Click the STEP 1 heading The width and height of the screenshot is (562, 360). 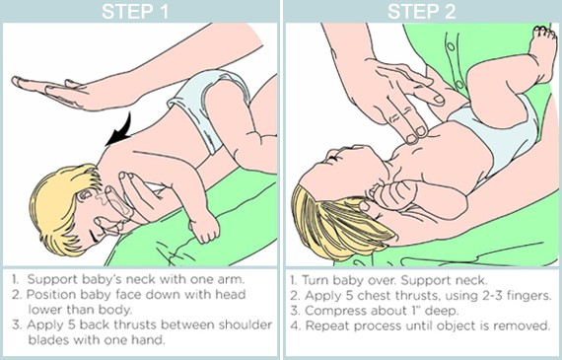(135, 11)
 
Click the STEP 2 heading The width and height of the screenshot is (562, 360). (422, 11)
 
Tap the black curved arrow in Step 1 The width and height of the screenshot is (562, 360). (120, 131)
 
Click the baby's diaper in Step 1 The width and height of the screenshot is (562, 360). (206, 104)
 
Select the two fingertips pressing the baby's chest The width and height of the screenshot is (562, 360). (416, 134)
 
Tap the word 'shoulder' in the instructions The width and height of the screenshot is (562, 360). (246, 324)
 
